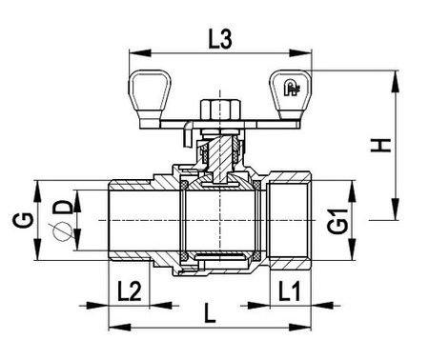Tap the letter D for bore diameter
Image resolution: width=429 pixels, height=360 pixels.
point(61,207)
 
